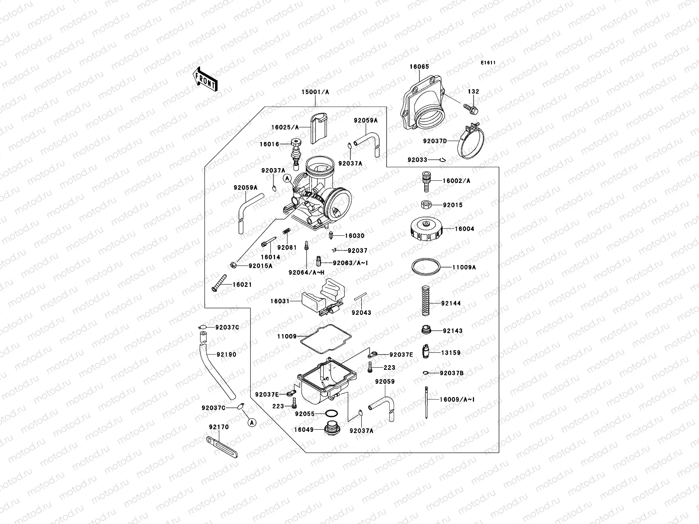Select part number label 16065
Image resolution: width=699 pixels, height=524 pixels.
(x=419, y=67)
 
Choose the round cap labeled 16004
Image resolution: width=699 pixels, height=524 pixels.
(x=426, y=229)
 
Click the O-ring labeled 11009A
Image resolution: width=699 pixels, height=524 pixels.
(x=426, y=266)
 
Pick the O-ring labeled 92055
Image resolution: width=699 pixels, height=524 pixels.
(x=331, y=413)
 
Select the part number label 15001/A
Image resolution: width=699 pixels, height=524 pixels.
(x=315, y=92)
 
